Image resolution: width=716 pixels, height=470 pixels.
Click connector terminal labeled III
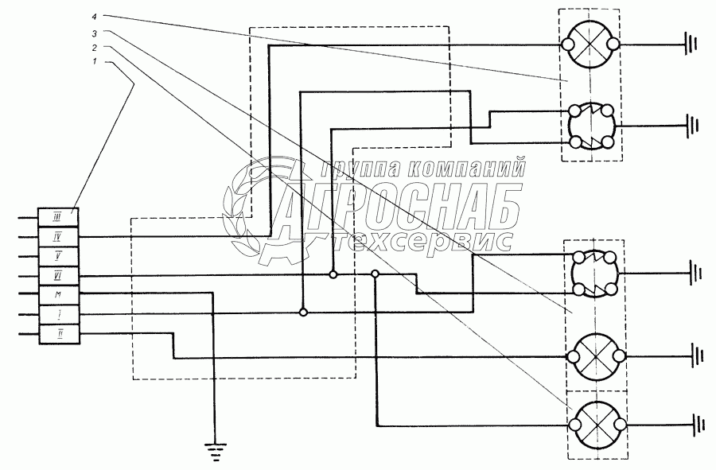[x=58, y=217]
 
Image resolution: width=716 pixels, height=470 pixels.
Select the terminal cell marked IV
[x=58, y=236]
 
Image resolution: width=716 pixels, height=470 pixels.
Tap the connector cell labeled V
[x=58, y=256]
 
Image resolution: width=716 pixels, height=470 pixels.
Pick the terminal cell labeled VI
[x=58, y=275]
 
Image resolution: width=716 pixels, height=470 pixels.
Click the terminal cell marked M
[x=58, y=295]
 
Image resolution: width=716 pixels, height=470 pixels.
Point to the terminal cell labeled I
[x=58, y=314]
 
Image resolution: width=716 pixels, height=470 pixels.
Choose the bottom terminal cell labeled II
[x=58, y=334]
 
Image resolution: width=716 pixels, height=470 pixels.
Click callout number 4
[x=95, y=16]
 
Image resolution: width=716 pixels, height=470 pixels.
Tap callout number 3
[x=95, y=33]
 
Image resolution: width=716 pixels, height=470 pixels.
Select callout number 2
[x=95, y=49]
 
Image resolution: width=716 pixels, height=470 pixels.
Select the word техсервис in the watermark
[x=422, y=240]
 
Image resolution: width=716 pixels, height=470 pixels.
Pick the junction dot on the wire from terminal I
[x=302, y=313]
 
